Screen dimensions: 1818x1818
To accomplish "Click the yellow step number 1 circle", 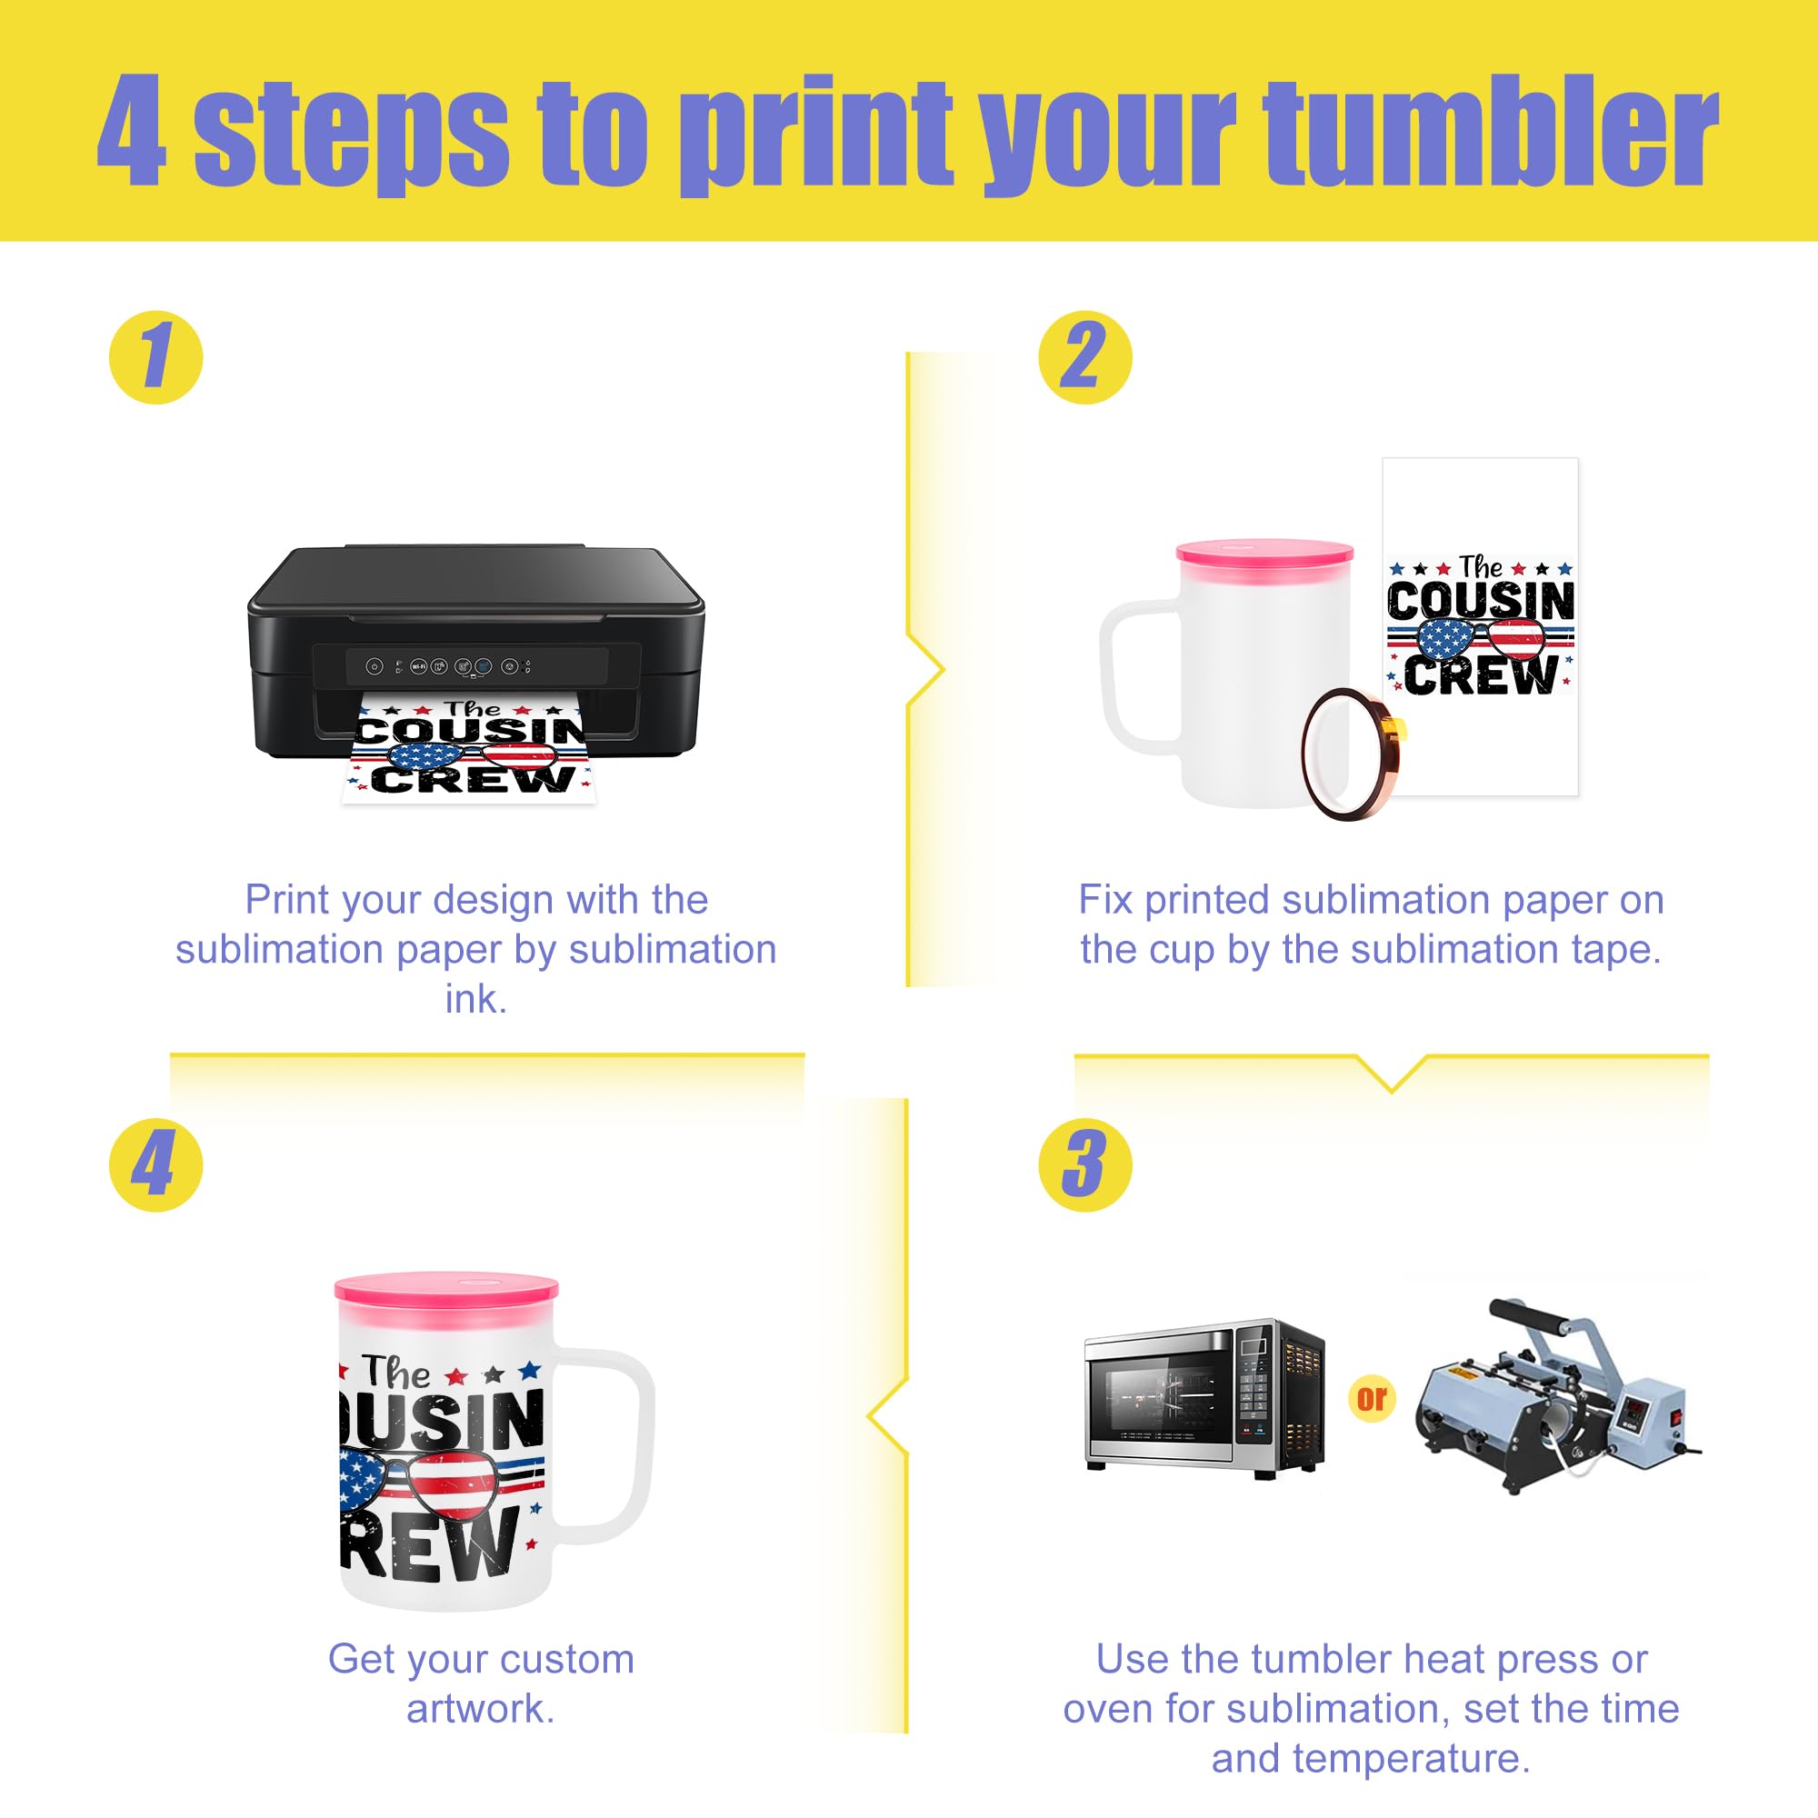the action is pyautogui.click(x=156, y=357).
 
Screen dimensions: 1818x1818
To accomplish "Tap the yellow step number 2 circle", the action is pyautogui.click(x=1085, y=357).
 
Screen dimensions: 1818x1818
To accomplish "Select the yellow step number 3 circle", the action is pyautogui.click(x=1085, y=1164).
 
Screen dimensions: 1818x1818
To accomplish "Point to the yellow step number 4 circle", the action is pyautogui.click(x=156, y=1164).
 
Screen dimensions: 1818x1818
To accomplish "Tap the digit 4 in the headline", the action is pyautogui.click(x=132, y=132).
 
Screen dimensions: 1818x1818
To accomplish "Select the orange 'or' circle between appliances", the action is pyautogui.click(x=1371, y=1397).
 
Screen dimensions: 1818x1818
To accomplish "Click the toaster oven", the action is pyautogui.click(x=1204, y=1397).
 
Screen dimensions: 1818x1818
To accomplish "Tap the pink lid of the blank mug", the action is pyautogui.click(x=1264, y=553).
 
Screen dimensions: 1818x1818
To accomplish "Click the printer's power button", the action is pyautogui.click(x=375, y=666).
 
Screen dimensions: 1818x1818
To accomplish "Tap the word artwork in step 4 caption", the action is pyautogui.click(x=481, y=1708).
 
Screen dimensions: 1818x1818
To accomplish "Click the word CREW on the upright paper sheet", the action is pyautogui.click(x=1480, y=674).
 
